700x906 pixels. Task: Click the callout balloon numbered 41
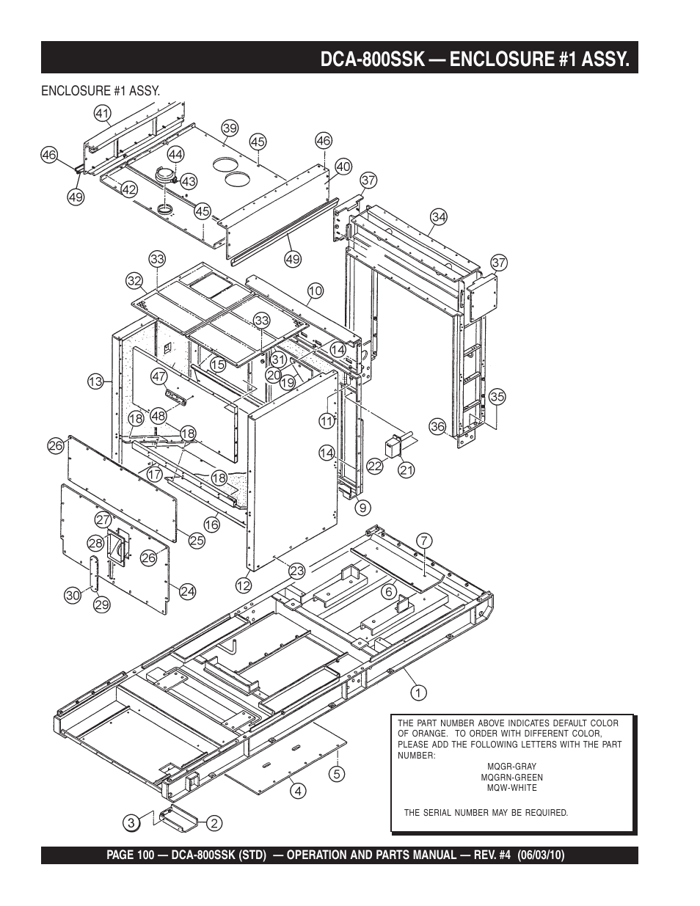[x=103, y=114]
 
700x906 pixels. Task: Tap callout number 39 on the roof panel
[x=230, y=128]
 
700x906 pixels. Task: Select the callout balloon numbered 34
[x=439, y=217]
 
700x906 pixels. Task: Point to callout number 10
[x=316, y=291]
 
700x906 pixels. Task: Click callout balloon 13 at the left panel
[x=95, y=381]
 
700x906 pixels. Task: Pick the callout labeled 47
[x=158, y=377]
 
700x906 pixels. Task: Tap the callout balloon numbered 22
[x=374, y=466]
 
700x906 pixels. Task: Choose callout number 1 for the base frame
[x=418, y=693]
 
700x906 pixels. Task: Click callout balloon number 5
[x=337, y=774]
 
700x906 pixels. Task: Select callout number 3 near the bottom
[x=131, y=823]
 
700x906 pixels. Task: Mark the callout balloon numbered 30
[x=73, y=596]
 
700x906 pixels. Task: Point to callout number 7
[x=424, y=541]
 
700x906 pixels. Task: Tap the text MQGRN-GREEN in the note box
[x=511, y=778]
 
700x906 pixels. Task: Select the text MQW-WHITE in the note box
[x=511, y=788]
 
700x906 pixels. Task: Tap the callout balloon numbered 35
[x=497, y=396]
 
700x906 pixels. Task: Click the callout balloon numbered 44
[x=175, y=155]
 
